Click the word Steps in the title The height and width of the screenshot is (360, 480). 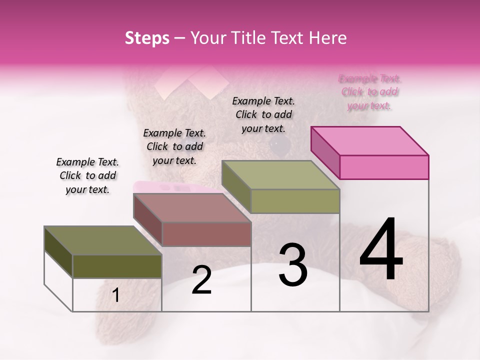pyautogui.click(x=147, y=38)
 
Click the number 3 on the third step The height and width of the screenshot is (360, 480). pyautogui.click(x=293, y=265)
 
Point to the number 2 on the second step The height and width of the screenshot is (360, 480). pyautogui.click(x=201, y=280)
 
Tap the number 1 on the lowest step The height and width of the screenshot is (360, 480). pyautogui.click(x=116, y=295)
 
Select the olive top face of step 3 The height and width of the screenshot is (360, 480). pyautogui.click(x=280, y=174)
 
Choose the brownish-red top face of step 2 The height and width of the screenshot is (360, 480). pyautogui.click(x=192, y=207)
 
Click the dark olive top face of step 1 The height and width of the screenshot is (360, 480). pyautogui.click(x=103, y=240)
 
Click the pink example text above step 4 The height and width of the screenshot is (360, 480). pyautogui.click(x=369, y=92)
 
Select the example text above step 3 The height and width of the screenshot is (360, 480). pyautogui.click(x=263, y=114)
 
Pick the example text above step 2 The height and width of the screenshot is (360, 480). pyautogui.click(x=174, y=146)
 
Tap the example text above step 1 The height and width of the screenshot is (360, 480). pyautogui.click(x=87, y=175)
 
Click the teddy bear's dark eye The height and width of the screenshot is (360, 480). pyautogui.click(x=280, y=145)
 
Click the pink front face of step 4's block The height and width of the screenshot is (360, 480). pyautogui.click(x=384, y=167)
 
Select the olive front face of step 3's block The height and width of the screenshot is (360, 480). pyautogui.click(x=295, y=201)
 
